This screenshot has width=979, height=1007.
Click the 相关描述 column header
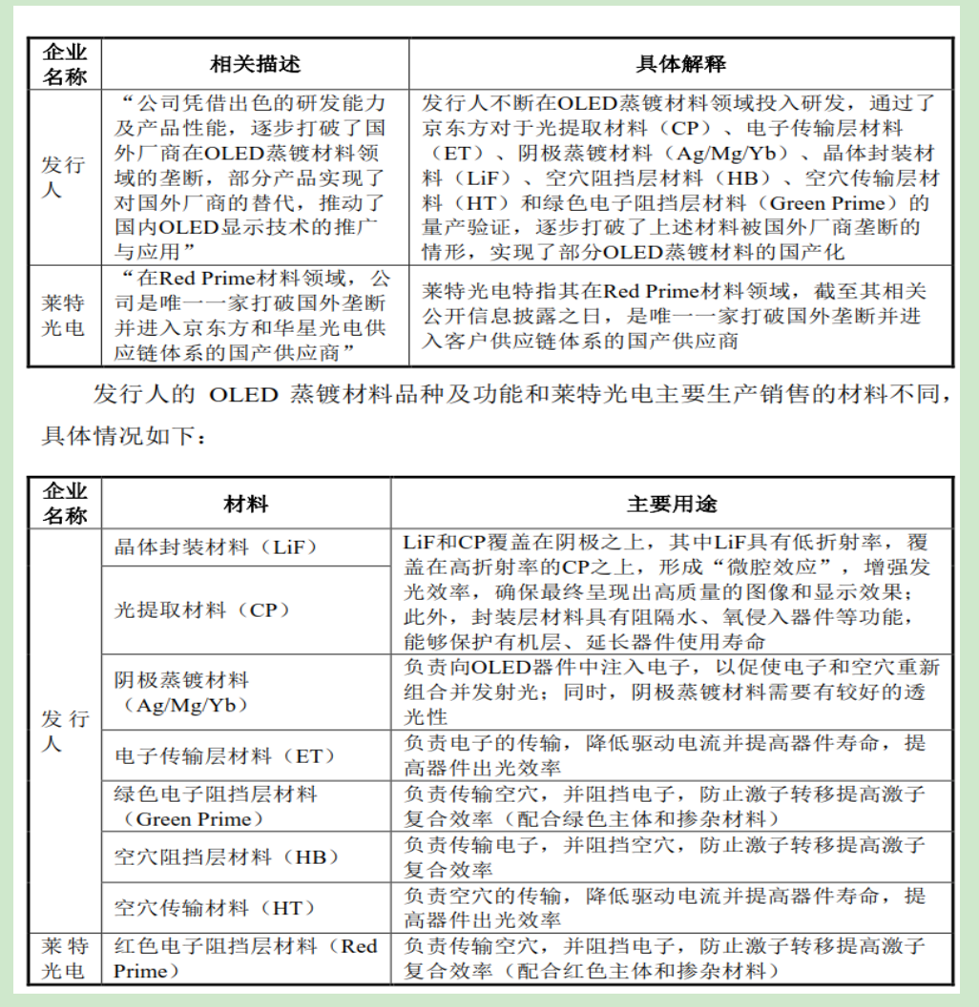[x=255, y=64]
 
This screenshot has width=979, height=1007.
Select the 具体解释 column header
[x=680, y=64]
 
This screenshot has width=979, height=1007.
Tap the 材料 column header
[x=245, y=503]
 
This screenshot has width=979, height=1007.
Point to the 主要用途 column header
[x=672, y=503]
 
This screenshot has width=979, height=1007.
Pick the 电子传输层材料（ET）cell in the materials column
[x=225, y=756]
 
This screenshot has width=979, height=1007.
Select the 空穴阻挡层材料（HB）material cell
[x=226, y=857]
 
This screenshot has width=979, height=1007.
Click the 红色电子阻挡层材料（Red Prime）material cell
[x=245, y=958]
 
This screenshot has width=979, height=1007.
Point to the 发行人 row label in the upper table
[x=64, y=176]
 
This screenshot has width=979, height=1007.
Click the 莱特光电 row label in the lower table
[x=64, y=958]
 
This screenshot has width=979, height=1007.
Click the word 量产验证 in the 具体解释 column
[x=464, y=228]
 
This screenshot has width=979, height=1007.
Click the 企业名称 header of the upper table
[x=64, y=64]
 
